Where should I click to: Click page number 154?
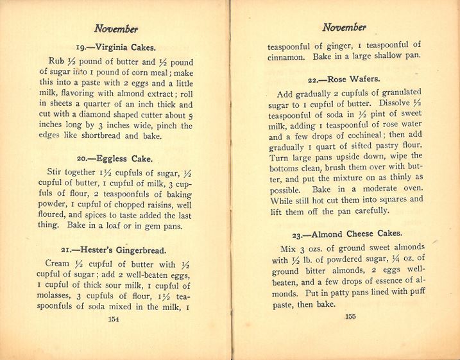click(114, 318)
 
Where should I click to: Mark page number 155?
click(350, 316)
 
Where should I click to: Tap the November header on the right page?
click(345, 27)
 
